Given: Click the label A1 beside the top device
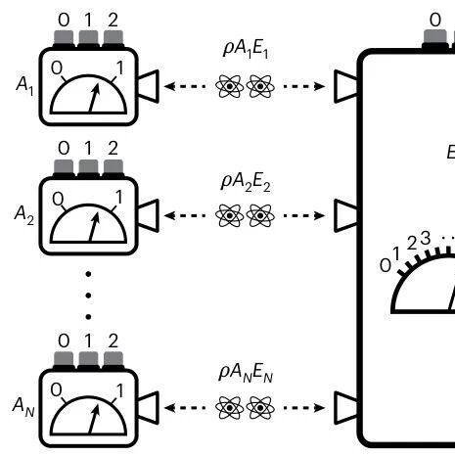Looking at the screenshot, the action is pyautogui.click(x=24, y=85).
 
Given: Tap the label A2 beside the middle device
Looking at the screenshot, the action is pyautogui.click(x=23, y=215).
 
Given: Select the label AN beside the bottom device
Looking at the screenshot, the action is pyautogui.click(x=23, y=407).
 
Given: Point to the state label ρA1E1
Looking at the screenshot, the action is pyautogui.click(x=246, y=49).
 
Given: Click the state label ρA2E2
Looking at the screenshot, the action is pyautogui.click(x=246, y=182).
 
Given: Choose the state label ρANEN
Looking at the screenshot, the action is pyautogui.click(x=246, y=373).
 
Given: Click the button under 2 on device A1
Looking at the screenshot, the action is pyautogui.click(x=114, y=38).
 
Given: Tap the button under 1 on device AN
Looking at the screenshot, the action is pyautogui.click(x=88, y=359).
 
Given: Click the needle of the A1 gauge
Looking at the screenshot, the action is pyautogui.click(x=94, y=98).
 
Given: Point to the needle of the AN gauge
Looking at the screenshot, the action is pyautogui.click(x=94, y=419).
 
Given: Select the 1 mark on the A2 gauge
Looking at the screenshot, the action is pyautogui.click(x=118, y=197).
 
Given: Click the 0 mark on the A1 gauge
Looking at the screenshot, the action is pyautogui.click(x=57, y=68).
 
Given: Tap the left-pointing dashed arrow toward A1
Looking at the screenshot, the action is pyautogui.click(x=185, y=86).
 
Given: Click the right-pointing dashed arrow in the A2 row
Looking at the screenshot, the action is pyautogui.click(x=304, y=215).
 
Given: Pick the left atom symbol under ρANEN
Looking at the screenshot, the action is pyautogui.click(x=230, y=408).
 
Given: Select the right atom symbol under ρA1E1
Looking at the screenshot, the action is pyautogui.click(x=260, y=86).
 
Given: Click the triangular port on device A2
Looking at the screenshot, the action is pyautogui.click(x=149, y=215).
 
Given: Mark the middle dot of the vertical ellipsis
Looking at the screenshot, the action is pyautogui.click(x=88, y=296).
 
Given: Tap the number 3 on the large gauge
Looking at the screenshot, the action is pyautogui.click(x=425, y=238).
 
